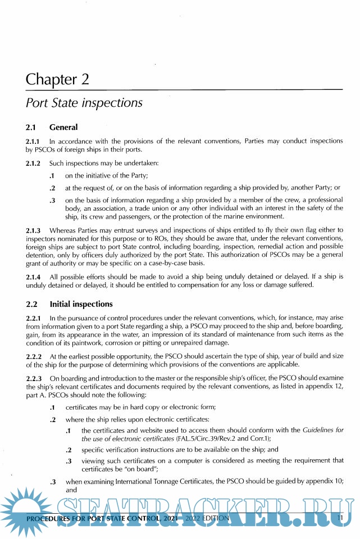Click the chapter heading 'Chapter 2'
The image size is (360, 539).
(x=57, y=79)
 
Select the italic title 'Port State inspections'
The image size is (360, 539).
(x=84, y=103)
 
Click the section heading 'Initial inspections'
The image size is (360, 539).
(x=81, y=304)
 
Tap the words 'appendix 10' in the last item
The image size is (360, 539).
(x=323, y=482)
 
